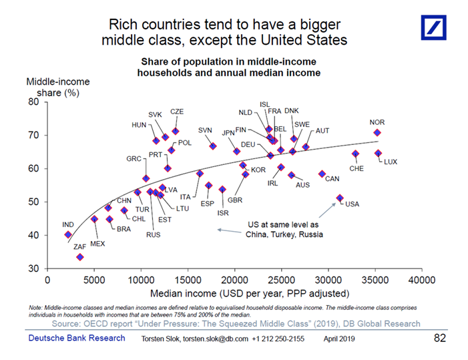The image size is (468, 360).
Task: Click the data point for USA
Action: [x=340, y=198]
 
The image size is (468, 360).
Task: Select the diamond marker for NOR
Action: [x=377, y=133]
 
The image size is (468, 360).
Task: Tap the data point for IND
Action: [x=68, y=234]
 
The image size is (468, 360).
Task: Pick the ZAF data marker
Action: [x=80, y=257]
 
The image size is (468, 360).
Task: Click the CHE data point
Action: [x=355, y=154]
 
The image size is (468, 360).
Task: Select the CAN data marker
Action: [x=322, y=174]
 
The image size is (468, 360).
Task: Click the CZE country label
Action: [x=177, y=112]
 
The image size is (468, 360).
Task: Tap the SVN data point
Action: [x=213, y=146]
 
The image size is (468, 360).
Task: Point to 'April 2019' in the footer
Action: [x=340, y=339]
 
